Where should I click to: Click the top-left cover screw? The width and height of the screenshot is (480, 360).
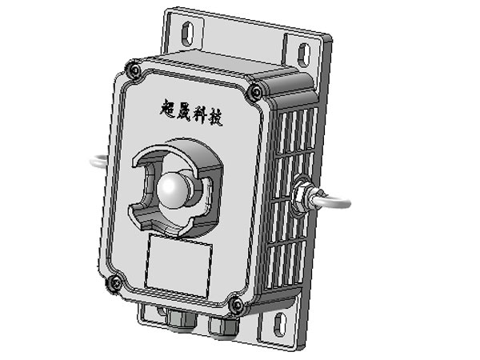134,70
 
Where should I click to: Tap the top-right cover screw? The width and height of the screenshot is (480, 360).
255,92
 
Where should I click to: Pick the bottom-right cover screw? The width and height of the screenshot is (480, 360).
238,305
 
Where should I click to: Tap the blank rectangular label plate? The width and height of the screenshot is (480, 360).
178,265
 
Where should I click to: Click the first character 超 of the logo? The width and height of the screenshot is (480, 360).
168,108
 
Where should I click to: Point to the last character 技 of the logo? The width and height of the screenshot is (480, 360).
215,118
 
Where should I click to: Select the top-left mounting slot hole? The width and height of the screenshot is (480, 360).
187,32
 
